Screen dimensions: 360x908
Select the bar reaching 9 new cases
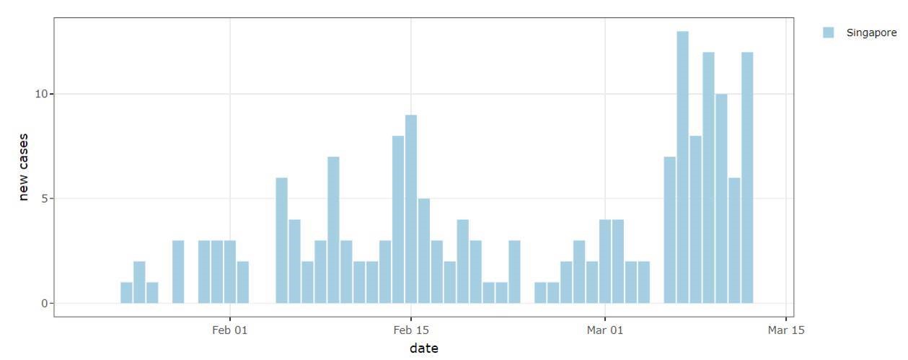click(x=411, y=209)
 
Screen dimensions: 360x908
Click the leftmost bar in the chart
click(x=126, y=292)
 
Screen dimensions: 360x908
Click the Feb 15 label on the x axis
click(x=411, y=330)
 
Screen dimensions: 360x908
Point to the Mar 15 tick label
click(x=785, y=330)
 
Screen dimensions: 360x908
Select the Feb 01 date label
click(x=230, y=330)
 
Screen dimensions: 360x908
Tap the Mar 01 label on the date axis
click(x=604, y=330)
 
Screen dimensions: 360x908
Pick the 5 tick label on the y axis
click(x=45, y=198)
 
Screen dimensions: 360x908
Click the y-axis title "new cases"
click(x=24, y=167)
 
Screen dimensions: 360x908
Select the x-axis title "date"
click(x=423, y=348)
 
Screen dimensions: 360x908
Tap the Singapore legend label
click(x=871, y=32)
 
